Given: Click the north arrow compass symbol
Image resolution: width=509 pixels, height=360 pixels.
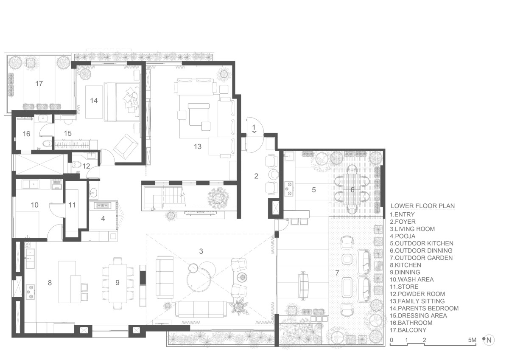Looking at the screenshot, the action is tap(488, 340).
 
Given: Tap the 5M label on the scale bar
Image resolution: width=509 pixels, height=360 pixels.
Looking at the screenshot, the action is tap(472, 340).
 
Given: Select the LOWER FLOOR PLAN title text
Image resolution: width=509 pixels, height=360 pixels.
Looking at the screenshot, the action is tap(422, 206).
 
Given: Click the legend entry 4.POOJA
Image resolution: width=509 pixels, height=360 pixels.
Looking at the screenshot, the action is tap(403, 236).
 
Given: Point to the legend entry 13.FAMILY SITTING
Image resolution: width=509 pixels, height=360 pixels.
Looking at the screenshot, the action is tap(417, 301).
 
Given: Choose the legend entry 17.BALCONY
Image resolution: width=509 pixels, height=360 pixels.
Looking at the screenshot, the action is tap(408, 330).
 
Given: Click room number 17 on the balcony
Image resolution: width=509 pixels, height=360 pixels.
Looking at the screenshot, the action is tap(39, 84).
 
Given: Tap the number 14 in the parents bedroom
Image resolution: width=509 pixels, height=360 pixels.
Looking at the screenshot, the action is tap(94, 101).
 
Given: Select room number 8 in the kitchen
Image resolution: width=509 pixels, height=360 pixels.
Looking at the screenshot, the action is tap(50, 283).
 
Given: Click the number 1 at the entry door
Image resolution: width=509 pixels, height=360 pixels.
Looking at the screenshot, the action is tap(254, 127).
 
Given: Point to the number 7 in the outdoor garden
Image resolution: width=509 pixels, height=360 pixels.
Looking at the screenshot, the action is tap(337, 273).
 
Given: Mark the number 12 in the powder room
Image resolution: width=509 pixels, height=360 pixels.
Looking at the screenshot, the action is tap(86, 166).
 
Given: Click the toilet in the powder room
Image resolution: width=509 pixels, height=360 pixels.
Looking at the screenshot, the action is tap(77, 164).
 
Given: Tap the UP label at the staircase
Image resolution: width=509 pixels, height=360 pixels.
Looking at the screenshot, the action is tap(153, 210).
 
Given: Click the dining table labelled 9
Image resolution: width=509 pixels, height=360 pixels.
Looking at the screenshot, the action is tap(118, 283).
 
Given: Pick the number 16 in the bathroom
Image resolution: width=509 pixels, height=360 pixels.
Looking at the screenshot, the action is tap(26, 134).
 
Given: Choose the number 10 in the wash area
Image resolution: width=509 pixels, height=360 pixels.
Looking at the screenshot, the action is tap(34, 205).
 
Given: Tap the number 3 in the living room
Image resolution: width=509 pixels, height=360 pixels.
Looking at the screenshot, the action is tap(201, 251).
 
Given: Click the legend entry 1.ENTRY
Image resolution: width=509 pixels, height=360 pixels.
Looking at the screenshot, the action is tap(402, 214).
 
